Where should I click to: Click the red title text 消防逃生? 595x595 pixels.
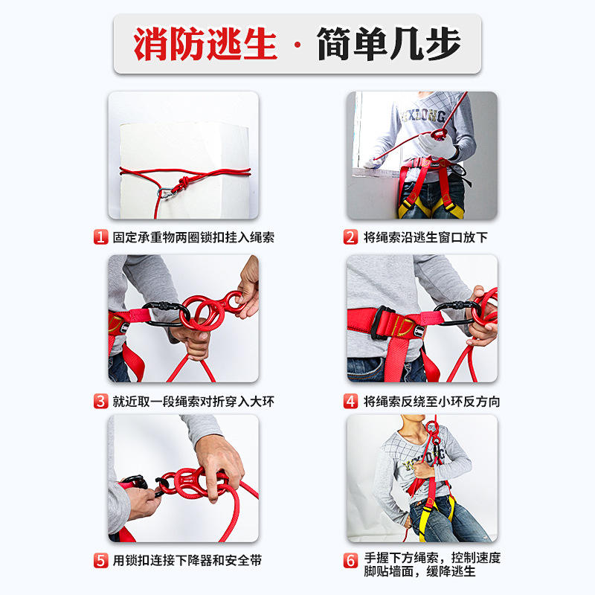point(205,44)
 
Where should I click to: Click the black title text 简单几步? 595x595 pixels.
point(388,44)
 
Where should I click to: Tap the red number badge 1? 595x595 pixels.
point(100,237)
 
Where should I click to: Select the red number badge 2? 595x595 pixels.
point(350,237)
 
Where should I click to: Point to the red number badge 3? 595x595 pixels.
point(100,401)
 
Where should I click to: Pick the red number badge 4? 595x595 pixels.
point(350,401)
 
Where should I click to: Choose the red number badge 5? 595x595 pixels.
point(100,561)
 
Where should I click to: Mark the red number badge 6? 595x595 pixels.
point(350,561)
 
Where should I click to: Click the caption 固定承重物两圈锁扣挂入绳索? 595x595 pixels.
point(193,237)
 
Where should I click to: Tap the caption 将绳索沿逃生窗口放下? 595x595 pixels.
point(425,237)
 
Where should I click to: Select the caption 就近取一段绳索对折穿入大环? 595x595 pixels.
point(193,402)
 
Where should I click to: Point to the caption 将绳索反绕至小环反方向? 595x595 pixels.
point(432,402)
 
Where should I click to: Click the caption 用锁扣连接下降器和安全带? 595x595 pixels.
point(187,561)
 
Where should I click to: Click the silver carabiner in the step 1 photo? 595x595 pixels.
point(164,193)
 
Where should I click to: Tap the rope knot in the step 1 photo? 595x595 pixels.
point(184,183)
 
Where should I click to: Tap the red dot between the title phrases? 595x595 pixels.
point(297,45)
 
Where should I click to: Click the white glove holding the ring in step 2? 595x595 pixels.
point(437,147)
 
